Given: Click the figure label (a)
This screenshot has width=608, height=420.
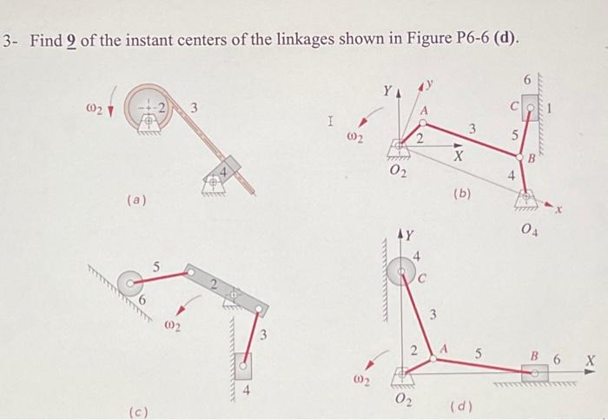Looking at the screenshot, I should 137,200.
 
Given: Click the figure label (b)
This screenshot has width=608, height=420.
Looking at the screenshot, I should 463,194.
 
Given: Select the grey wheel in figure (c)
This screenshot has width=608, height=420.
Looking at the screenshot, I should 130,281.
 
